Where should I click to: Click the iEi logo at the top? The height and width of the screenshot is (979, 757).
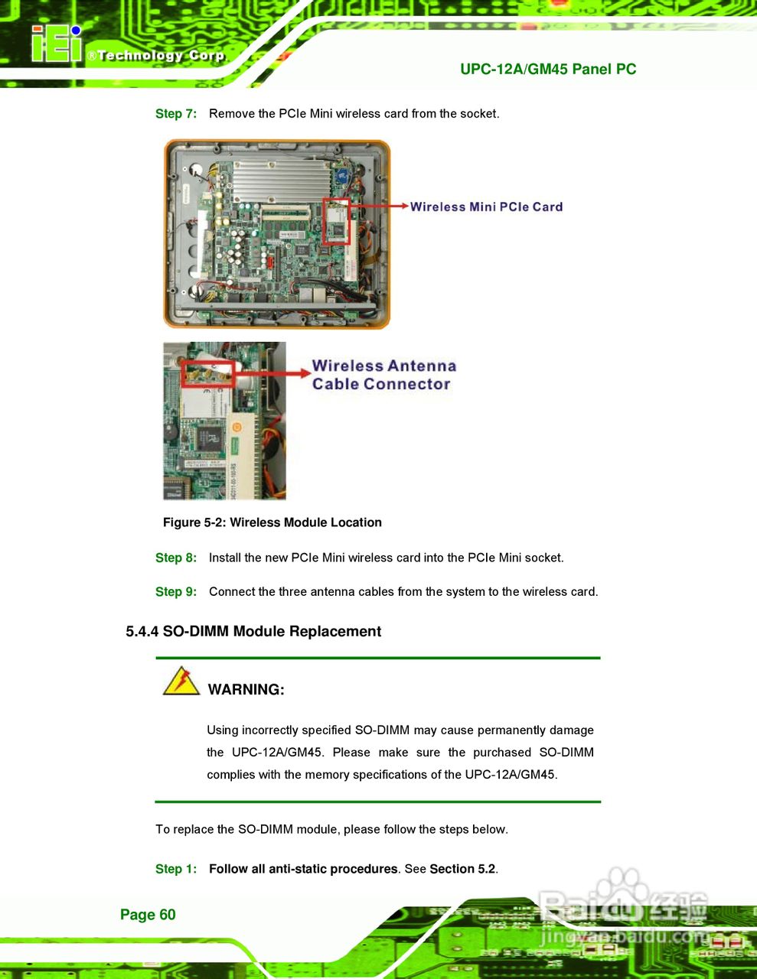pyautogui.click(x=57, y=44)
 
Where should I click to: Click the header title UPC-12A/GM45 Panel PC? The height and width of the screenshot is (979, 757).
pyautogui.click(x=548, y=69)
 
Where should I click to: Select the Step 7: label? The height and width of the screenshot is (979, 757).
pyautogui.click(x=176, y=114)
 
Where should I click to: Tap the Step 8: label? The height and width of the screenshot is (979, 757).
pyautogui.click(x=176, y=558)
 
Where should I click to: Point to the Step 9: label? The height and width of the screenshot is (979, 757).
pyautogui.click(x=176, y=592)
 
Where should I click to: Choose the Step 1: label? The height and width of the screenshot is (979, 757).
pyautogui.click(x=176, y=869)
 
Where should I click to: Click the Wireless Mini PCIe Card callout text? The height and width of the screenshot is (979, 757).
pyautogui.click(x=486, y=207)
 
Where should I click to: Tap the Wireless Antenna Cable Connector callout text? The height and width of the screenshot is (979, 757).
pyautogui.click(x=383, y=375)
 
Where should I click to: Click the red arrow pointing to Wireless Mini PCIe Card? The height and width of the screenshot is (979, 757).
pyautogui.click(x=379, y=206)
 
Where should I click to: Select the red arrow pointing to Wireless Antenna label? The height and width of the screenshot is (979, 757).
pyautogui.click(x=272, y=373)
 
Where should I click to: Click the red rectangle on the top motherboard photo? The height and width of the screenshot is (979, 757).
pyautogui.click(x=336, y=222)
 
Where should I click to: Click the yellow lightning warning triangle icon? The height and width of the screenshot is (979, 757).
pyautogui.click(x=181, y=681)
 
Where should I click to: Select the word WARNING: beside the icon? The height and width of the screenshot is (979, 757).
pyautogui.click(x=246, y=690)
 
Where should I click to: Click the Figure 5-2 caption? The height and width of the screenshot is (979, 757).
pyautogui.click(x=272, y=522)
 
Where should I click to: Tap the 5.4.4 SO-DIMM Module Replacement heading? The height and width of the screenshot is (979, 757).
pyautogui.click(x=253, y=631)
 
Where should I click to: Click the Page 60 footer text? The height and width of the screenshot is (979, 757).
pyautogui.click(x=148, y=915)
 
